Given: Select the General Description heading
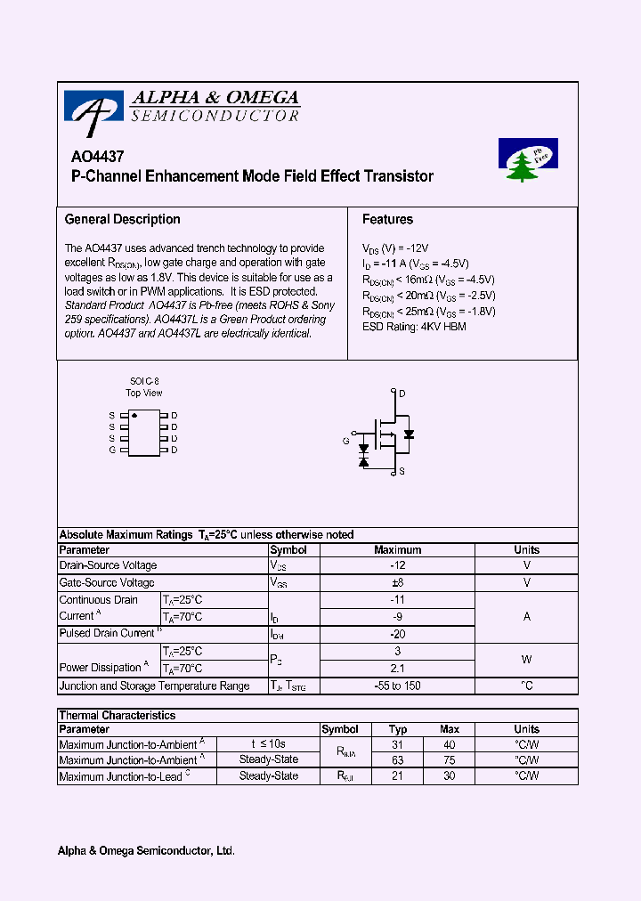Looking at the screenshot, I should point(122,220).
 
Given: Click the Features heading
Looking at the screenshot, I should point(387,220).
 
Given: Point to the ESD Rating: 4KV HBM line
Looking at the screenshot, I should point(413,327).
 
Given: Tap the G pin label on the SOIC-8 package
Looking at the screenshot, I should point(112,450).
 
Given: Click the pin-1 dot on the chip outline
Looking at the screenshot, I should point(134,415).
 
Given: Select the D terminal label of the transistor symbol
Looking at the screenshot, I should point(402,394).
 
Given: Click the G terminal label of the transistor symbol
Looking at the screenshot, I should point(345,441).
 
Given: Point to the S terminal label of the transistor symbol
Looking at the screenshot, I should point(402,471).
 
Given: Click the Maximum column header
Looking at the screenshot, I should point(397,550).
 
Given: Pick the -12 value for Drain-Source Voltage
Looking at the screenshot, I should point(397,565).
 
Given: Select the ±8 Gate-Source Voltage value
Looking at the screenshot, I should point(397,583).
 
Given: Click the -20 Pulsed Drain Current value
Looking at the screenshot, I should point(397,634).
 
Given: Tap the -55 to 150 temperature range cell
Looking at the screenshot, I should point(397,686).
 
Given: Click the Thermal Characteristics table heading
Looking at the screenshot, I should point(117,715).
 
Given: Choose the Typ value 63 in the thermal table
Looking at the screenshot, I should point(397,760).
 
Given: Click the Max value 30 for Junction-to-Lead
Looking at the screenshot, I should point(450,776).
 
